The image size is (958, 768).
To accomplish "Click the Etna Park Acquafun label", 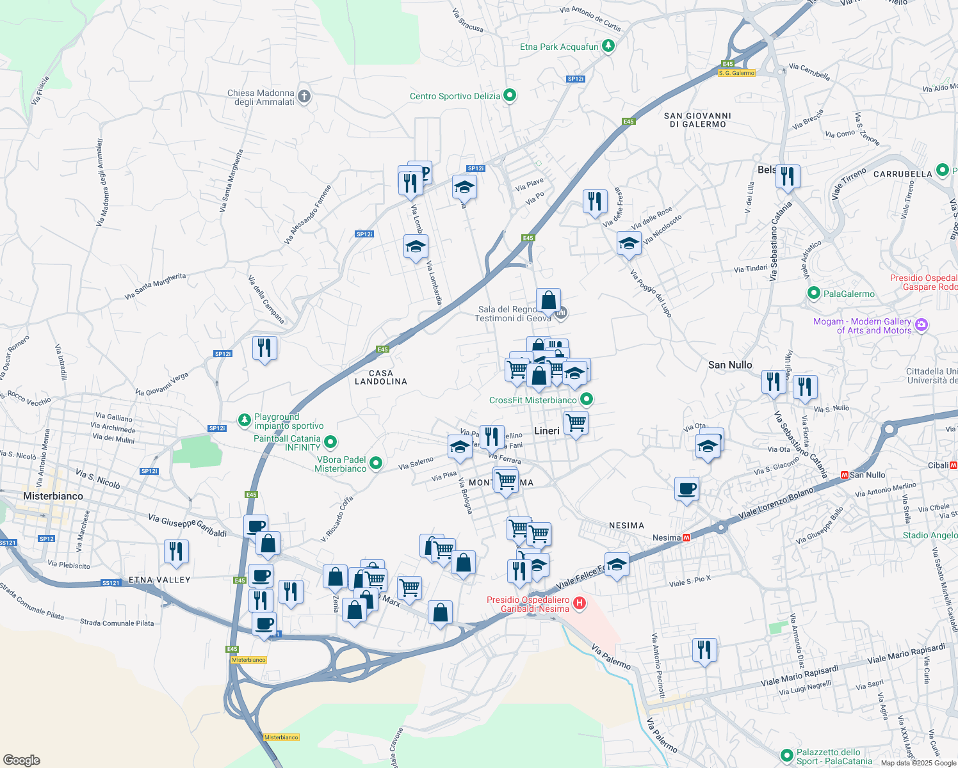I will [x=559, y=47].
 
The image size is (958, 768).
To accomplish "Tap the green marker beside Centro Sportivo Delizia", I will [x=510, y=96].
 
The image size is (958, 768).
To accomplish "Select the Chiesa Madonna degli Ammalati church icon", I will [x=304, y=97].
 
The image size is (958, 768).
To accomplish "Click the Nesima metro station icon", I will [x=686, y=538].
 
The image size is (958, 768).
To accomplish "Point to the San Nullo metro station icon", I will [x=844, y=475].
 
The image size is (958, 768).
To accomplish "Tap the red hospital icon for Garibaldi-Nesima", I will [x=580, y=603].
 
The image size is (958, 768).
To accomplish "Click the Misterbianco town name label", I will [x=53, y=496].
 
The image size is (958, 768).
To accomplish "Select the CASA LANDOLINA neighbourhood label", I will [x=381, y=377].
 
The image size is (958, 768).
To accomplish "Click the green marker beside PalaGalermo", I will [x=814, y=294].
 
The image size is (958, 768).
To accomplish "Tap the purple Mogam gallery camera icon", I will [x=921, y=325].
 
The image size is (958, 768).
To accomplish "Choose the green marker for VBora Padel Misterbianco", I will [x=376, y=463].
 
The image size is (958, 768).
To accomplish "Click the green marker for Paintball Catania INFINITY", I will [x=330, y=442].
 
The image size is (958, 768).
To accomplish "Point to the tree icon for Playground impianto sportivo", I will [x=244, y=420].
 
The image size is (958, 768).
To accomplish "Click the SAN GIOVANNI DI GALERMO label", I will [x=697, y=120].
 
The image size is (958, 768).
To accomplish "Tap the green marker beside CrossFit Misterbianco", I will [x=586, y=400].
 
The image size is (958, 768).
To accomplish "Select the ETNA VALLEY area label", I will [x=159, y=580].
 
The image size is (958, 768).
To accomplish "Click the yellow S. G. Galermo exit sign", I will [x=736, y=73].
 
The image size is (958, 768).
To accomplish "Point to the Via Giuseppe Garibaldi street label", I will [x=188, y=524].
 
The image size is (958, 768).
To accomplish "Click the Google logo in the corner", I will [x=22, y=760].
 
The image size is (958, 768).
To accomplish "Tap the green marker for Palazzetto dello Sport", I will [x=786, y=756].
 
